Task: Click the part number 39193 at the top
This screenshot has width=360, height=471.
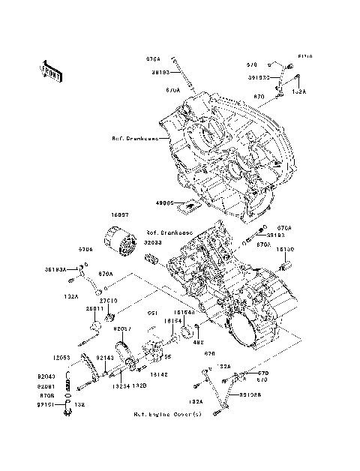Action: click(x=161, y=73)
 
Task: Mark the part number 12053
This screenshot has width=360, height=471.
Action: click(x=61, y=357)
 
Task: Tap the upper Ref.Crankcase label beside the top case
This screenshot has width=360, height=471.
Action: click(x=134, y=139)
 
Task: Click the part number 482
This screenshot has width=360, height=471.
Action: click(x=178, y=343)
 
